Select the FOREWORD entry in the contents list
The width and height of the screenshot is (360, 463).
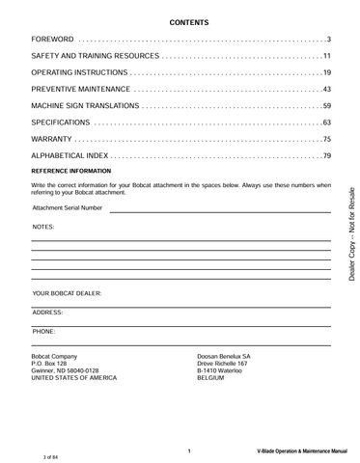tap(53, 40)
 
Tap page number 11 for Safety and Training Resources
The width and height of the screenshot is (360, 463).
tap(326, 56)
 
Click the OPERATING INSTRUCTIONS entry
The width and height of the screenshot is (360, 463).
tap(79, 72)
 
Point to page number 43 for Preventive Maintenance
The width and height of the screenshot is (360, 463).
tap(326, 90)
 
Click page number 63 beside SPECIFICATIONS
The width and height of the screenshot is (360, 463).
tap(326, 123)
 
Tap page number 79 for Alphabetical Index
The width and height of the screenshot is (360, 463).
tap(326, 156)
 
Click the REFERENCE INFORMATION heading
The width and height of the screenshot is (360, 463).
tap(71, 171)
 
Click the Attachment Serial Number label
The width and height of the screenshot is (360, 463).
tap(67, 207)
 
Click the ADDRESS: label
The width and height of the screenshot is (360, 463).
tap(47, 313)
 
